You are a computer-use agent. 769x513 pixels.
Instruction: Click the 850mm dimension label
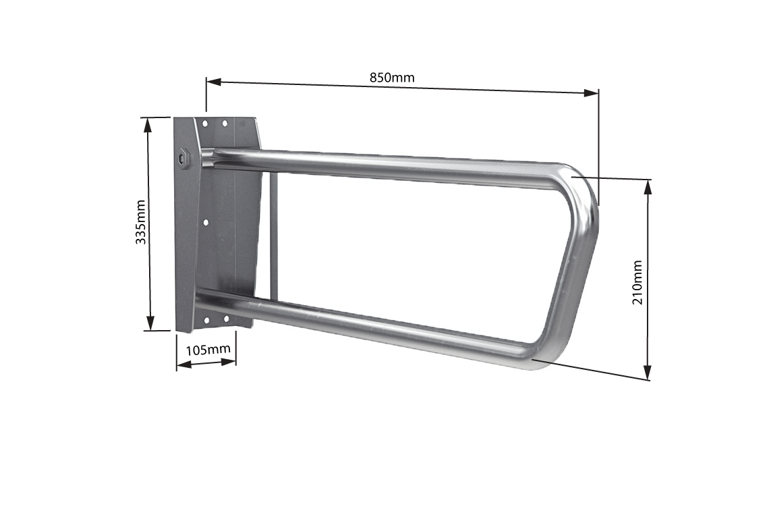click(392, 77)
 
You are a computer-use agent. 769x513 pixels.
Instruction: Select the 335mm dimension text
click(142, 222)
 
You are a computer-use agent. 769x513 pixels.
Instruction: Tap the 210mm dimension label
click(637, 281)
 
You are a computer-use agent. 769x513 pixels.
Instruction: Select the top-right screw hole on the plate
click(225, 124)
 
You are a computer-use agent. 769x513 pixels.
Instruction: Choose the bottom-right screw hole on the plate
click(225, 318)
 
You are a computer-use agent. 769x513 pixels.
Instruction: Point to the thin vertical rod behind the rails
click(273, 236)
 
